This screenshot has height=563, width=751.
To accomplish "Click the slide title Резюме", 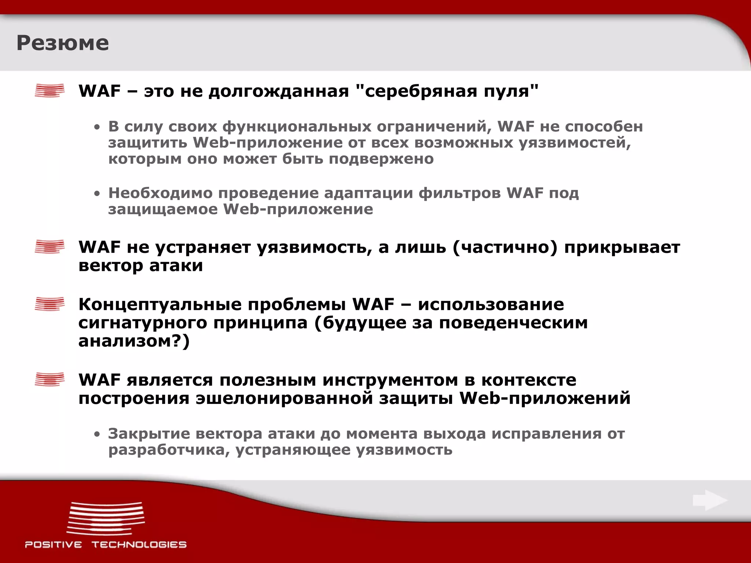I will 63,43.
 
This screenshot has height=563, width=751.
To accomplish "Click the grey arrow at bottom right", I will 710,500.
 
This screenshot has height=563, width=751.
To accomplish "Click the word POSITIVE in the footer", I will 54,544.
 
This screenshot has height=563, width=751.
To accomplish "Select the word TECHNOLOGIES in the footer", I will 139,544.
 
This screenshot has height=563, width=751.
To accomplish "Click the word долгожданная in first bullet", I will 279,91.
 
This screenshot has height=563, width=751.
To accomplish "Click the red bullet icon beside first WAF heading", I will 50,90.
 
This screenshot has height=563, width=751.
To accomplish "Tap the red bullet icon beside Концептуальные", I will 50,304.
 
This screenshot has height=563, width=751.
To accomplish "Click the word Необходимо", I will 160,193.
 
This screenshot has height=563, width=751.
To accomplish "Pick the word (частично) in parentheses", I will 505,247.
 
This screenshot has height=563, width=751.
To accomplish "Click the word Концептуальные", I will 212,305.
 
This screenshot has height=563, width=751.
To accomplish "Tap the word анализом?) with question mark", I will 134,341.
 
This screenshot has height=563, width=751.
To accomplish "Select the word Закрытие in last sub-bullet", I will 149,434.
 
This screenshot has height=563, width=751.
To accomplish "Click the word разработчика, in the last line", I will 169,450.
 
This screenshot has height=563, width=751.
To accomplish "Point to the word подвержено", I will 381,159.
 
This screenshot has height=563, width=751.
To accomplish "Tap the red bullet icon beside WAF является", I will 50,379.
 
